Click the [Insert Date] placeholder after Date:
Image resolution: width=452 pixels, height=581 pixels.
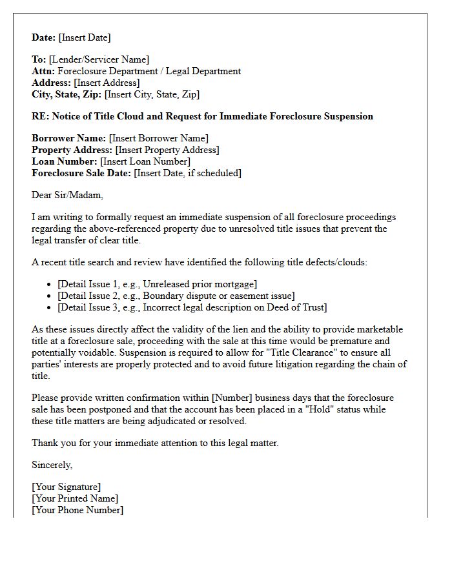pos(85,37)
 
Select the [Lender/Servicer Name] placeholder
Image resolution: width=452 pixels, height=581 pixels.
pos(99,60)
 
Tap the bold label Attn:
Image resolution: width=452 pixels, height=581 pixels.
pos(43,72)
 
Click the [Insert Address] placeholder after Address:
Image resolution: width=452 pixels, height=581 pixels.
pos(107,83)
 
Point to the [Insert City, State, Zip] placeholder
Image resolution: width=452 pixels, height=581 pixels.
pos(152,95)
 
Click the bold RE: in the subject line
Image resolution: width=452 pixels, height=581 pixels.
pos(40,117)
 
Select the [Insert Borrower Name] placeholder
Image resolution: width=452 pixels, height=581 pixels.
pos(159,139)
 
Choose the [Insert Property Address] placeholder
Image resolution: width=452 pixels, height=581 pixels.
pos(167,150)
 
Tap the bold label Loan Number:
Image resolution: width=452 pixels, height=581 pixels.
pos(64,162)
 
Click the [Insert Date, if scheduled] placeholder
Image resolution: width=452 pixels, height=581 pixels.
pos(187,174)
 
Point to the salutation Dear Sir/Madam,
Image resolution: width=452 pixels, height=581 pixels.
pos(67,195)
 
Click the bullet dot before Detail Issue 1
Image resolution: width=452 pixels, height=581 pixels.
pos(50,285)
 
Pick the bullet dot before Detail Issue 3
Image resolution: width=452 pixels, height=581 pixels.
pos(50,308)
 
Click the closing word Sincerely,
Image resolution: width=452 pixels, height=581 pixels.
pos(52,465)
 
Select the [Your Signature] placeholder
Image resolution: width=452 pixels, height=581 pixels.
pos(67,487)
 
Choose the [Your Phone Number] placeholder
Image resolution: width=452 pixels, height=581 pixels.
pos(77,511)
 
